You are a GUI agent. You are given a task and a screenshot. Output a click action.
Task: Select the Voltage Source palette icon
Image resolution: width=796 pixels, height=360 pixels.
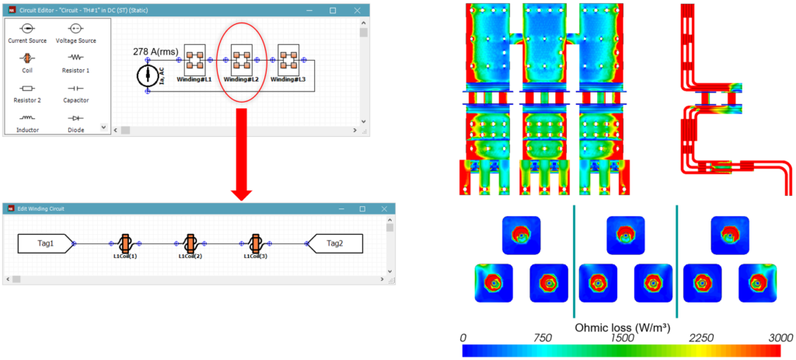75,28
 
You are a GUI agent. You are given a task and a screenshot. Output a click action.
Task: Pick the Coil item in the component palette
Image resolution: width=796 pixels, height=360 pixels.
26,58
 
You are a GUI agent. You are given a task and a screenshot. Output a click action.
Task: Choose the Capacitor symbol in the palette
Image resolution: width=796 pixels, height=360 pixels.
75,89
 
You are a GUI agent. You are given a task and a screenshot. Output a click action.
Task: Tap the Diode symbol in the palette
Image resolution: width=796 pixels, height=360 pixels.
75,117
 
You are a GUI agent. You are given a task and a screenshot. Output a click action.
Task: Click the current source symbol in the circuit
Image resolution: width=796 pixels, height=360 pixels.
147,75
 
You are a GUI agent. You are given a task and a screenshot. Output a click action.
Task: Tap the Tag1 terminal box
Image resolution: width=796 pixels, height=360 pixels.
44,243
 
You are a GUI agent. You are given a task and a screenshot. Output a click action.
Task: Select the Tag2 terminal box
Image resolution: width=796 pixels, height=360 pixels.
335,243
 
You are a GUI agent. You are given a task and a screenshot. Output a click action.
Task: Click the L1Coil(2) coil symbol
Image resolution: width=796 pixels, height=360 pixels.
190,243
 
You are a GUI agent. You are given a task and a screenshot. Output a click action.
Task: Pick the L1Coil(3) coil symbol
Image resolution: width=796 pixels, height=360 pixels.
255,243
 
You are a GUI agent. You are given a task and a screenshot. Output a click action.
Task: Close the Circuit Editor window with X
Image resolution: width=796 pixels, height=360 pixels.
357,11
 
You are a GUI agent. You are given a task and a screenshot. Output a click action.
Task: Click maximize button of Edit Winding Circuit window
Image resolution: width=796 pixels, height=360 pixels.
361,209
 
